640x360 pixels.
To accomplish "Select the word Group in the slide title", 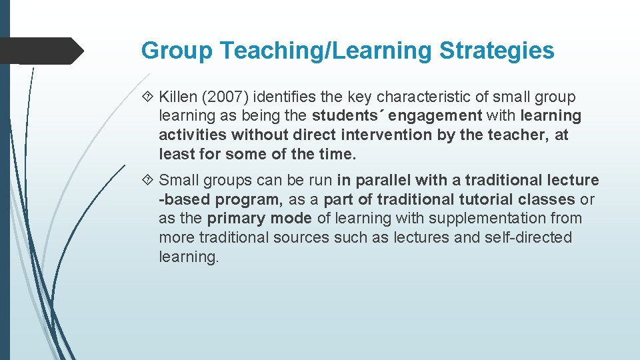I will pyautogui.click(x=176, y=50).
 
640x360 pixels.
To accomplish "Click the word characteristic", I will pyautogui.click(x=429, y=97).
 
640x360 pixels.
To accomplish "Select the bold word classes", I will pyautogui.click(x=551, y=199).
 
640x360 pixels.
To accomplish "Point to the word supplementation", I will pyautogui.click(x=473, y=218).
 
